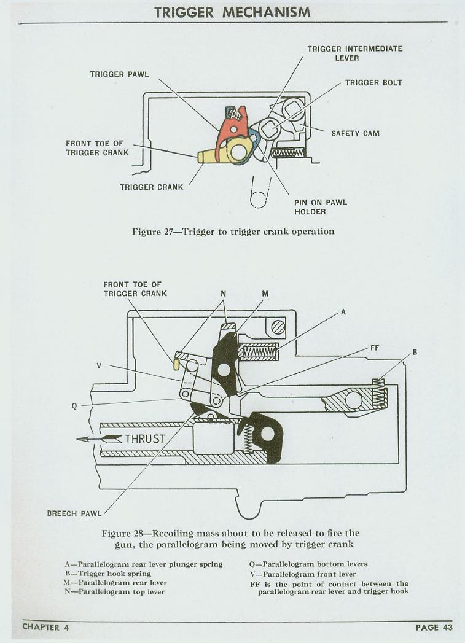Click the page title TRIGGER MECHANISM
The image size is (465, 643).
click(233, 12)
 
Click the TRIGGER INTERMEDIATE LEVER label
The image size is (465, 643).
click(355, 53)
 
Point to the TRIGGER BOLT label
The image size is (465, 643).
click(373, 82)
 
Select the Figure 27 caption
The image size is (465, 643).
click(233, 232)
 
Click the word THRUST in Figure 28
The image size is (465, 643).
click(145, 438)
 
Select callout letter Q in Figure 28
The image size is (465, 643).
click(75, 405)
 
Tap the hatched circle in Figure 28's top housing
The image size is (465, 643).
click(279, 327)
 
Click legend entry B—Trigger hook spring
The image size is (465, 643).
click(107, 574)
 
